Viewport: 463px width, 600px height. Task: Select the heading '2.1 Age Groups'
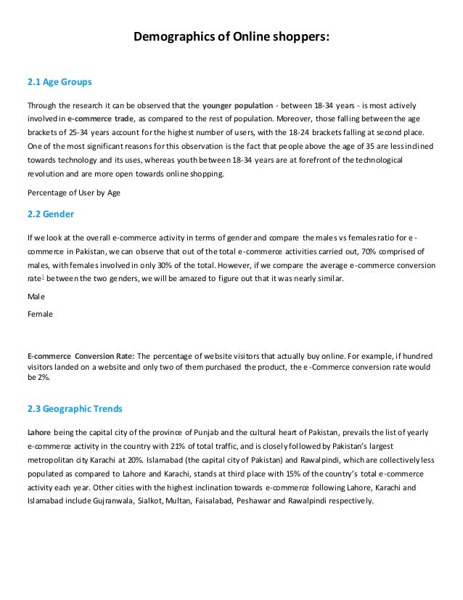point(60,81)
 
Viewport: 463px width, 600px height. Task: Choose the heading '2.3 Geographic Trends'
point(75,408)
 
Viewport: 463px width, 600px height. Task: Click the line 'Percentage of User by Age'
point(73,192)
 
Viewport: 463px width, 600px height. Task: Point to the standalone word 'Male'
point(36,297)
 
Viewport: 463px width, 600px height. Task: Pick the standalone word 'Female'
point(40,314)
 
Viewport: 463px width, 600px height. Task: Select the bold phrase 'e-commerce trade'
point(101,117)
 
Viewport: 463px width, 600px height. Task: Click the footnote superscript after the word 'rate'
point(41,276)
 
